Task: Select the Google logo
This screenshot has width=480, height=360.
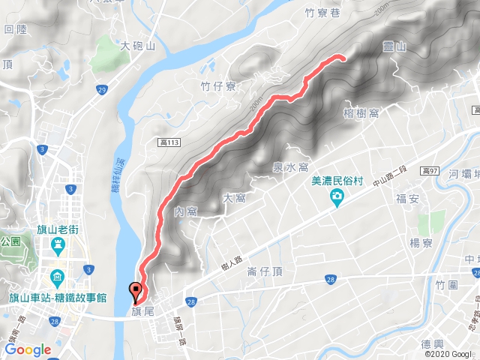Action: coord(28,349)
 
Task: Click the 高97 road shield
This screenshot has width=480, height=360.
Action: coord(430,172)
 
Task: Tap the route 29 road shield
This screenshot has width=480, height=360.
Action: coord(100,90)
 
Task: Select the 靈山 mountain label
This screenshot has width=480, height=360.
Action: coord(394,46)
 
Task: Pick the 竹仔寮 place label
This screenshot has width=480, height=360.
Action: coord(219,86)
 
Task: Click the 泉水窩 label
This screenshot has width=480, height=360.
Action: coord(291,167)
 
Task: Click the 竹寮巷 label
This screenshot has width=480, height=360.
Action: coord(323,13)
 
